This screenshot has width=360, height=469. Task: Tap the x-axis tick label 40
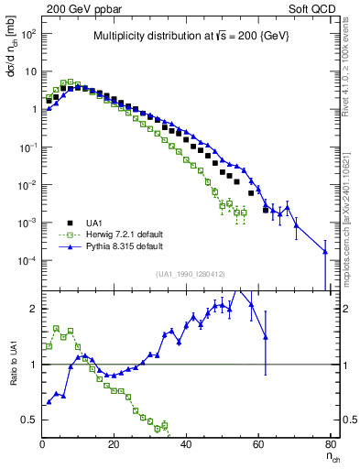click(187, 444)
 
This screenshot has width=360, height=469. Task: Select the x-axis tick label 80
click(331, 444)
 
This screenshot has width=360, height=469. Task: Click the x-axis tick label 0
click(43, 444)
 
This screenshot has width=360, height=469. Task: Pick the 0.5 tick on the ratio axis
click(27, 420)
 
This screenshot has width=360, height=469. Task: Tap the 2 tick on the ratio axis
click(33, 309)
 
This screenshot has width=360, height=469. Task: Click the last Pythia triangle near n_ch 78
click(325, 267)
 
